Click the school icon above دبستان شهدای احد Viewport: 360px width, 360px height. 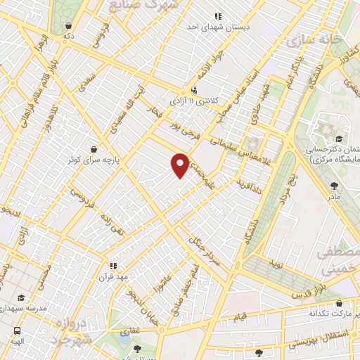(218, 15)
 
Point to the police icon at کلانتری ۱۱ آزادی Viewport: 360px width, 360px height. (193, 89)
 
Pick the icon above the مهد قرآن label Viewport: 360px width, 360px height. (111, 266)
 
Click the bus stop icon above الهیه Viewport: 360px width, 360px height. (16, 330)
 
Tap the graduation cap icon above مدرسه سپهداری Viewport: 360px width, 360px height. (22, 298)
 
